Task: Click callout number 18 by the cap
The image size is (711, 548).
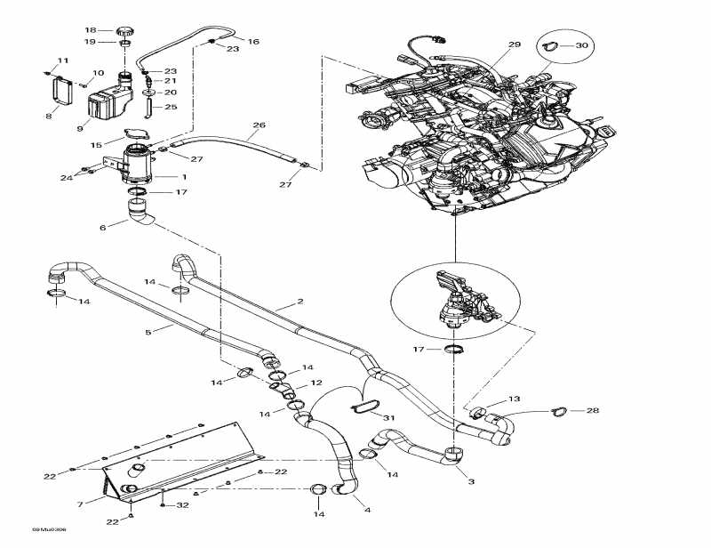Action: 91,30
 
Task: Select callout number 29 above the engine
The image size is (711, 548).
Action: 515,44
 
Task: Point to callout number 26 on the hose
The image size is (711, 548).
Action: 260,125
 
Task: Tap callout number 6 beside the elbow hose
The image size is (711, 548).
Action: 103,227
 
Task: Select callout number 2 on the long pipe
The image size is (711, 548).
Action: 300,302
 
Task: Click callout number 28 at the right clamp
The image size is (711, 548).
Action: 592,410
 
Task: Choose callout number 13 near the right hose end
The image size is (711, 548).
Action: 539,399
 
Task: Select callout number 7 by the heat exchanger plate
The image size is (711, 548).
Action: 80,504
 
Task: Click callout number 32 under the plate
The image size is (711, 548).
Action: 184,504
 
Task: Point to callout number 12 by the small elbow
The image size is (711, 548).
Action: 316,383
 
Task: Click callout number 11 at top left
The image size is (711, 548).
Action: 62,60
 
